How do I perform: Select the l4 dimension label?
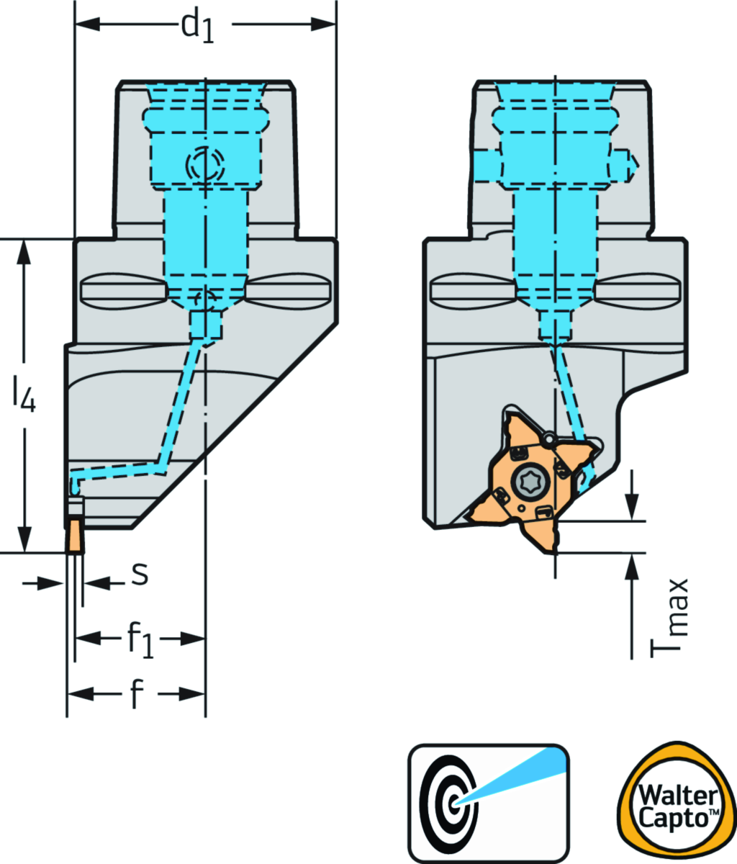[x=24, y=395]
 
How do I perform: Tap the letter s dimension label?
[x=140, y=574]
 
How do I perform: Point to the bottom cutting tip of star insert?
[x=552, y=551]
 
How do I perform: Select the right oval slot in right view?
[x=636, y=289]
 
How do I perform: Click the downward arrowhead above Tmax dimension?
[x=632, y=507]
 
